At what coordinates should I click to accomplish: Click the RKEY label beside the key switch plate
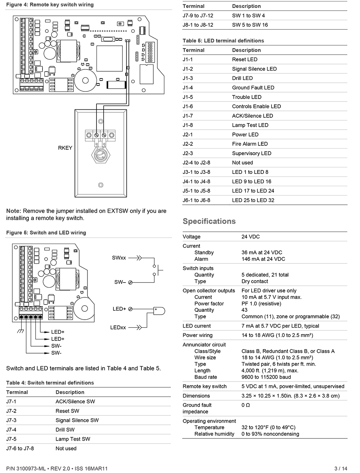[x=65, y=148]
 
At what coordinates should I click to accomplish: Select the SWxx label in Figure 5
[x=119, y=258]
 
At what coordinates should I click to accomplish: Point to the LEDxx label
[x=118, y=328]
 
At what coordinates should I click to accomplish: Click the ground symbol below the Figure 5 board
[x=21, y=331]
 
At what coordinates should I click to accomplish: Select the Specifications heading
[x=209, y=221]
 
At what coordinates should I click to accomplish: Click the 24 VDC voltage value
[x=251, y=237]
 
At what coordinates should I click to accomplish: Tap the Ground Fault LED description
[x=253, y=88]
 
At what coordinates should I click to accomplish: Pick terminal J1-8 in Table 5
[x=188, y=125]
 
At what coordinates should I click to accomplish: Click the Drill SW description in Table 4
[x=65, y=430]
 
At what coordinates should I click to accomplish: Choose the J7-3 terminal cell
[x=11, y=420]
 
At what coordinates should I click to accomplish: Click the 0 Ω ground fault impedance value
[x=246, y=405]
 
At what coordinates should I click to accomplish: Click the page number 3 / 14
[x=341, y=468]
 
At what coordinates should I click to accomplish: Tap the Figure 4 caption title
[x=50, y=5]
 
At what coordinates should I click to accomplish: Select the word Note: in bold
[x=14, y=211]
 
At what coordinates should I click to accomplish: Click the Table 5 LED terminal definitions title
[x=223, y=41]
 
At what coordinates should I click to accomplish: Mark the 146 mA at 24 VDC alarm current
[x=263, y=259]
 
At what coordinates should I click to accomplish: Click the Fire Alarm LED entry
[x=250, y=144]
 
